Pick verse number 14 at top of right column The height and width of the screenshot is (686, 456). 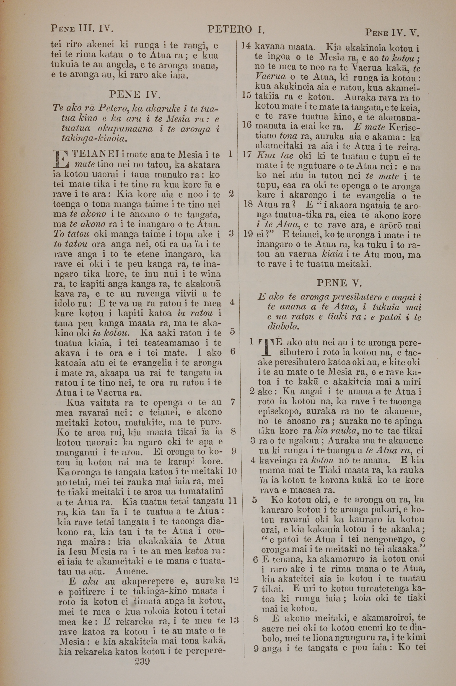pyautogui.click(x=246, y=46)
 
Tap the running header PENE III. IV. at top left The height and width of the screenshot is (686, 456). pyautogui.click(x=82, y=29)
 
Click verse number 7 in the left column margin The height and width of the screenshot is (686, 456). pyautogui.click(x=232, y=402)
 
